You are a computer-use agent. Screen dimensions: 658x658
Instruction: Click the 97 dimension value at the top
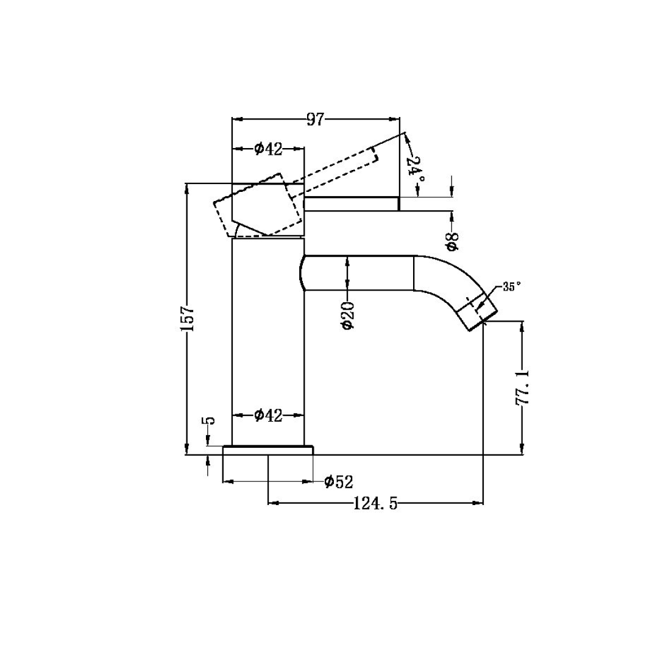[x=315, y=119]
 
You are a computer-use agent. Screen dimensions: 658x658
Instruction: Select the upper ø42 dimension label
[x=269, y=149]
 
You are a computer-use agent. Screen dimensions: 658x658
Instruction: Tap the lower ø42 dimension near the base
[x=269, y=416]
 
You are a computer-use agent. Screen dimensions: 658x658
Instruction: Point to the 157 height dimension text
[x=187, y=318]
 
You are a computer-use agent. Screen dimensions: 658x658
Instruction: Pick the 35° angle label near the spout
[x=512, y=286]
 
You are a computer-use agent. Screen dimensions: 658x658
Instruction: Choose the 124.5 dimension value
[x=375, y=503]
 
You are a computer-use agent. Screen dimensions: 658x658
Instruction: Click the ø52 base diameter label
[x=339, y=482]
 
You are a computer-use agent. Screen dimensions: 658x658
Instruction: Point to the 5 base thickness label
[x=208, y=421]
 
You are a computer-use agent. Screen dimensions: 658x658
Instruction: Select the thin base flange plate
[x=268, y=450]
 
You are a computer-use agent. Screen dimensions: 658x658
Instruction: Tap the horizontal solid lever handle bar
[x=351, y=204]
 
